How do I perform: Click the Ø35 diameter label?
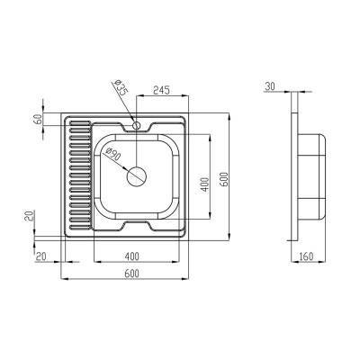121,90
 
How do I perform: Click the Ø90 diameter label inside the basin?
114,155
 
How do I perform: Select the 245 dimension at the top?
163,90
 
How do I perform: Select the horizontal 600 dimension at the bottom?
131,273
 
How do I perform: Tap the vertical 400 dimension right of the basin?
205,184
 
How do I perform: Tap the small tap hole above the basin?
137,125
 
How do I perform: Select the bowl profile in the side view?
311,175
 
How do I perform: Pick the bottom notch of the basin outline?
137,221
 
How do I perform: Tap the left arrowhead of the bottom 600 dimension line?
64,278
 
